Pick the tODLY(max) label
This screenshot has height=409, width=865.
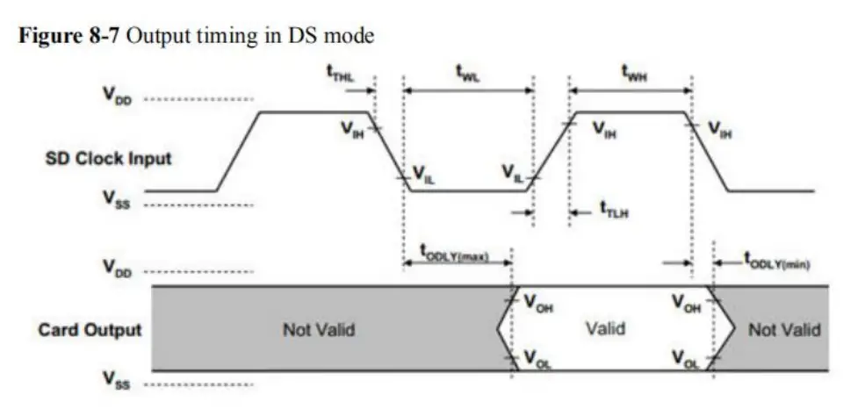tap(455, 257)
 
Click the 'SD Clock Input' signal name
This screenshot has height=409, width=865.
tap(109, 159)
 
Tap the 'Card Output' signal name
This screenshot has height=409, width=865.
tap(90, 330)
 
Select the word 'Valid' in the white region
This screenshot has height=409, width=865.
tap(605, 328)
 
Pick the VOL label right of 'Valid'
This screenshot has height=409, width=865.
tap(686, 359)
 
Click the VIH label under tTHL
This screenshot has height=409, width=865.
tap(352, 132)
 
